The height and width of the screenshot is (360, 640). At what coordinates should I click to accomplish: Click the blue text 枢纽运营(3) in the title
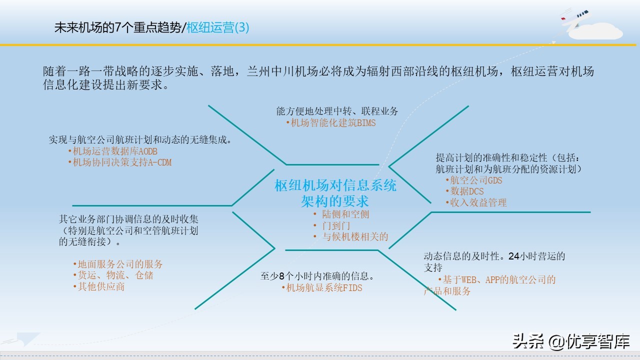(x=218, y=28)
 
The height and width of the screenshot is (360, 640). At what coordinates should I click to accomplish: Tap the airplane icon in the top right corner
(x=574, y=20)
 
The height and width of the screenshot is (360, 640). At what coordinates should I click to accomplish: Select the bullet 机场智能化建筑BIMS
(x=331, y=123)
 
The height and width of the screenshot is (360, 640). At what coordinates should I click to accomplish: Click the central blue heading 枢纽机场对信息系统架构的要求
(x=335, y=193)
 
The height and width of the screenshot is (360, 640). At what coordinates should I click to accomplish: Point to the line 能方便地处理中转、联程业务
(x=337, y=111)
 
